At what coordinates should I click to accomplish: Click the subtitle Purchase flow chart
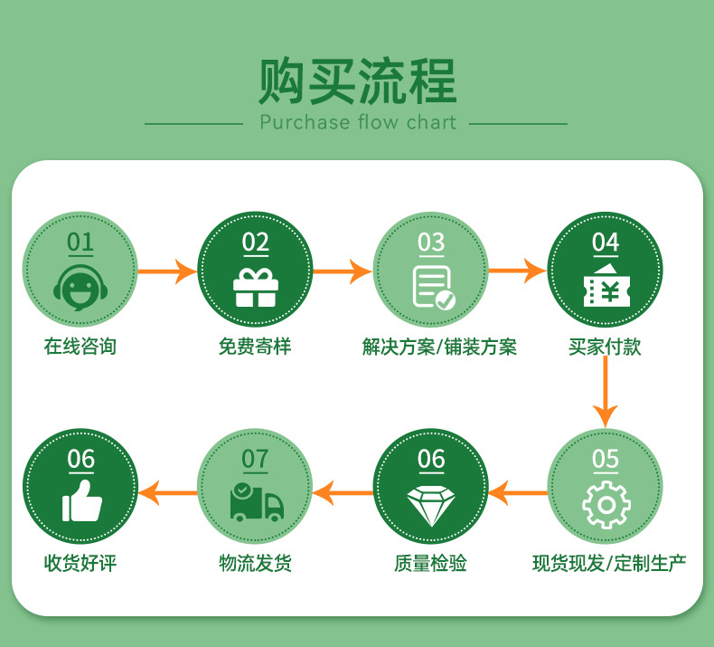358,122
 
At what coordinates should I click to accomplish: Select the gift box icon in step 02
256,287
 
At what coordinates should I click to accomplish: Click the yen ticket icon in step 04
606,287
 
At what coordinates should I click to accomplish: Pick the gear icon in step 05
606,505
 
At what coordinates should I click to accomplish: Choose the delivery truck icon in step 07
256,503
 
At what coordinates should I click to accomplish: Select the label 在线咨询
80,347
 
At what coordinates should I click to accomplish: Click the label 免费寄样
255,347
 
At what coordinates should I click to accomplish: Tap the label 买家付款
606,347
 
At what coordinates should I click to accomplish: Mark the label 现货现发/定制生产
609,563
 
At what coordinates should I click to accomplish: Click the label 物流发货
255,563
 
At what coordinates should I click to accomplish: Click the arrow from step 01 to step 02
167,270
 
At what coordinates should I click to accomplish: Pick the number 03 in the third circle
431,243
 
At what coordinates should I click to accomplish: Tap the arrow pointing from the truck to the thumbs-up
167,492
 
